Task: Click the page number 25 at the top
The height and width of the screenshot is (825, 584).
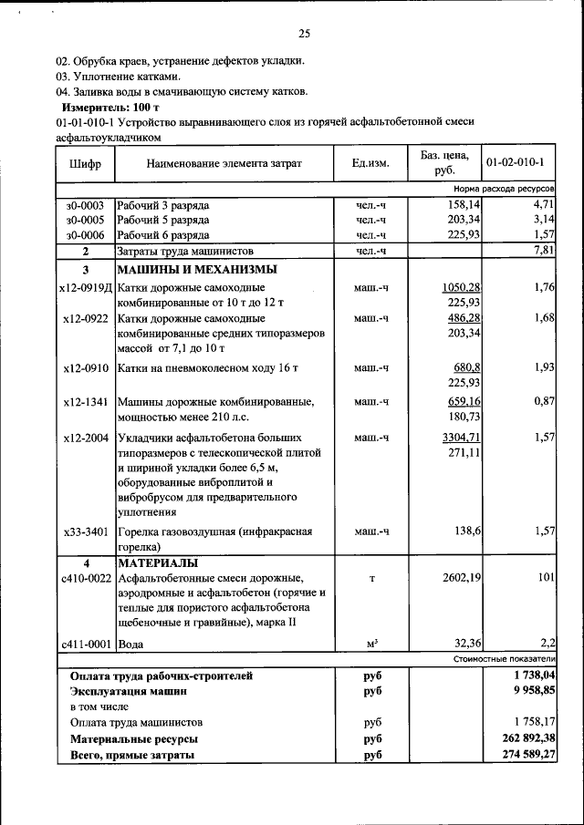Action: [304, 34]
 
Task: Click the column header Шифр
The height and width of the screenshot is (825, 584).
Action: [85, 163]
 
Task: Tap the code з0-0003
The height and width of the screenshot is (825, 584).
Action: [85, 205]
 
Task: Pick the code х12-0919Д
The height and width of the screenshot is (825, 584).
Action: [85, 288]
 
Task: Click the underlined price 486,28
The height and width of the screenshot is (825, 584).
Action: [463, 318]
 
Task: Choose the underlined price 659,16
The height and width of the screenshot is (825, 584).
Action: [463, 401]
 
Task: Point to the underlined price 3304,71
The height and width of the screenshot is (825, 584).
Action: [461, 438]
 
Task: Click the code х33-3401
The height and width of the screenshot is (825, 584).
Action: [87, 531]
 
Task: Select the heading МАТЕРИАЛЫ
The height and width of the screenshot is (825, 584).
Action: [159, 562]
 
